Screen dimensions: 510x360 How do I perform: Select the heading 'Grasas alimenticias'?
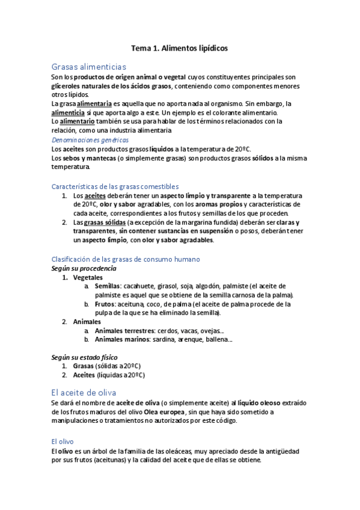pos(88,67)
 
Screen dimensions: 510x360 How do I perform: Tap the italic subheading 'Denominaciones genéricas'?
pos(90,140)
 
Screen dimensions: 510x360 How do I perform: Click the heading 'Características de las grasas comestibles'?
pos(115,186)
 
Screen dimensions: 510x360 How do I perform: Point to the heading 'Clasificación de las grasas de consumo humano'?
pos(126,259)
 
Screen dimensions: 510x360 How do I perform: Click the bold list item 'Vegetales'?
pos(88,277)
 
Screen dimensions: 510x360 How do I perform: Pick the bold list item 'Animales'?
pos(87,322)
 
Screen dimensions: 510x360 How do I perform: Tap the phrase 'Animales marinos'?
pos(122,340)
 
